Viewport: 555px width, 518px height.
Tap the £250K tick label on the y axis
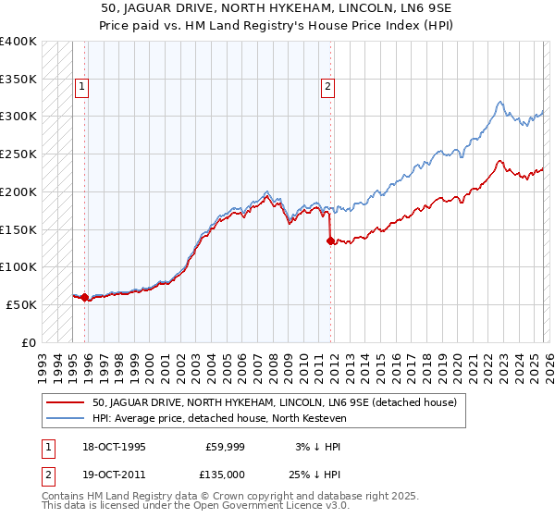18,154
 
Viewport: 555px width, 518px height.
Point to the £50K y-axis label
21,304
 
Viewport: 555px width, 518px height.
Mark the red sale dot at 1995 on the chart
85,297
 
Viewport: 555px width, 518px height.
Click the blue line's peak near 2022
499,102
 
